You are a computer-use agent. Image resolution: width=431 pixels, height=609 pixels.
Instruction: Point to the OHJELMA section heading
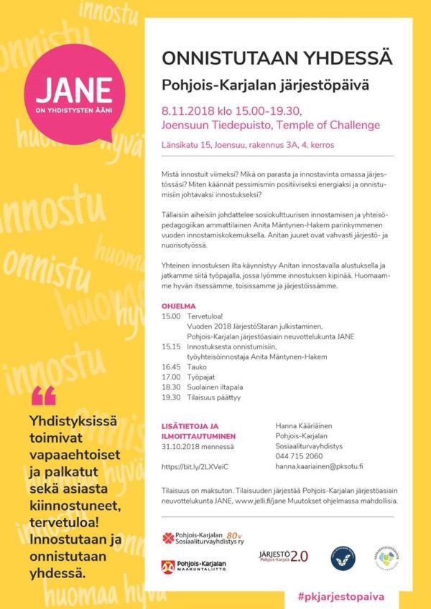tap(178, 305)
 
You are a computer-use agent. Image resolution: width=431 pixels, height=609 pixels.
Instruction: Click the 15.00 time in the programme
tap(171, 315)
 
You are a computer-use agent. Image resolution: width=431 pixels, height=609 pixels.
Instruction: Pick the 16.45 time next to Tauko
tap(171, 366)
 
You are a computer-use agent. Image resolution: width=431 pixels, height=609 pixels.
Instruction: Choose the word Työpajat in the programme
tap(202, 376)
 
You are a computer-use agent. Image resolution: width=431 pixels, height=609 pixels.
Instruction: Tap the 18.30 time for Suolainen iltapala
tap(171, 386)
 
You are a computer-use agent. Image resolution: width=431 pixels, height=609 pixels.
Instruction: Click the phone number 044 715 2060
tap(299, 456)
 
